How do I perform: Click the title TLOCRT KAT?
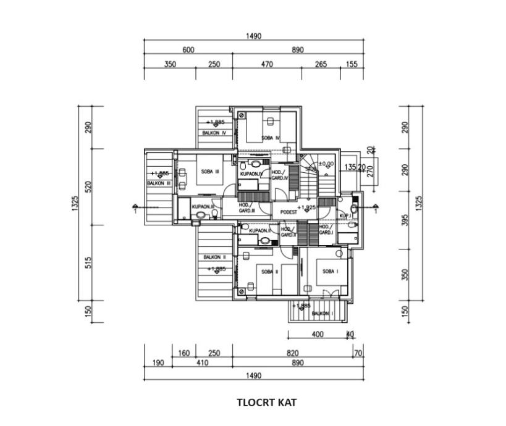[x=266, y=403]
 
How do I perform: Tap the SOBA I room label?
[x=329, y=271]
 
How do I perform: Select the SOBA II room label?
[x=269, y=272]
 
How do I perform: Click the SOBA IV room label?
[x=271, y=138]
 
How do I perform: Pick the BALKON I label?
[x=322, y=314]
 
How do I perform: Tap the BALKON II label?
[x=214, y=257]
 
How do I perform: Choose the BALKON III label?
[x=158, y=183]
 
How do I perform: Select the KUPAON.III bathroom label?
[x=203, y=207]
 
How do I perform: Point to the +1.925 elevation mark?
[x=306, y=207]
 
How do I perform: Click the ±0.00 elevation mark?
[x=326, y=164]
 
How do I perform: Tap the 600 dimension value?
[x=188, y=50]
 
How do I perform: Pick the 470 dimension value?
[x=267, y=64]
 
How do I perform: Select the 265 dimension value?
[x=321, y=64]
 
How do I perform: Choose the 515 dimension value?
[x=89, y=263]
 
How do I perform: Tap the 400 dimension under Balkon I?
[x=318, y=335]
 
